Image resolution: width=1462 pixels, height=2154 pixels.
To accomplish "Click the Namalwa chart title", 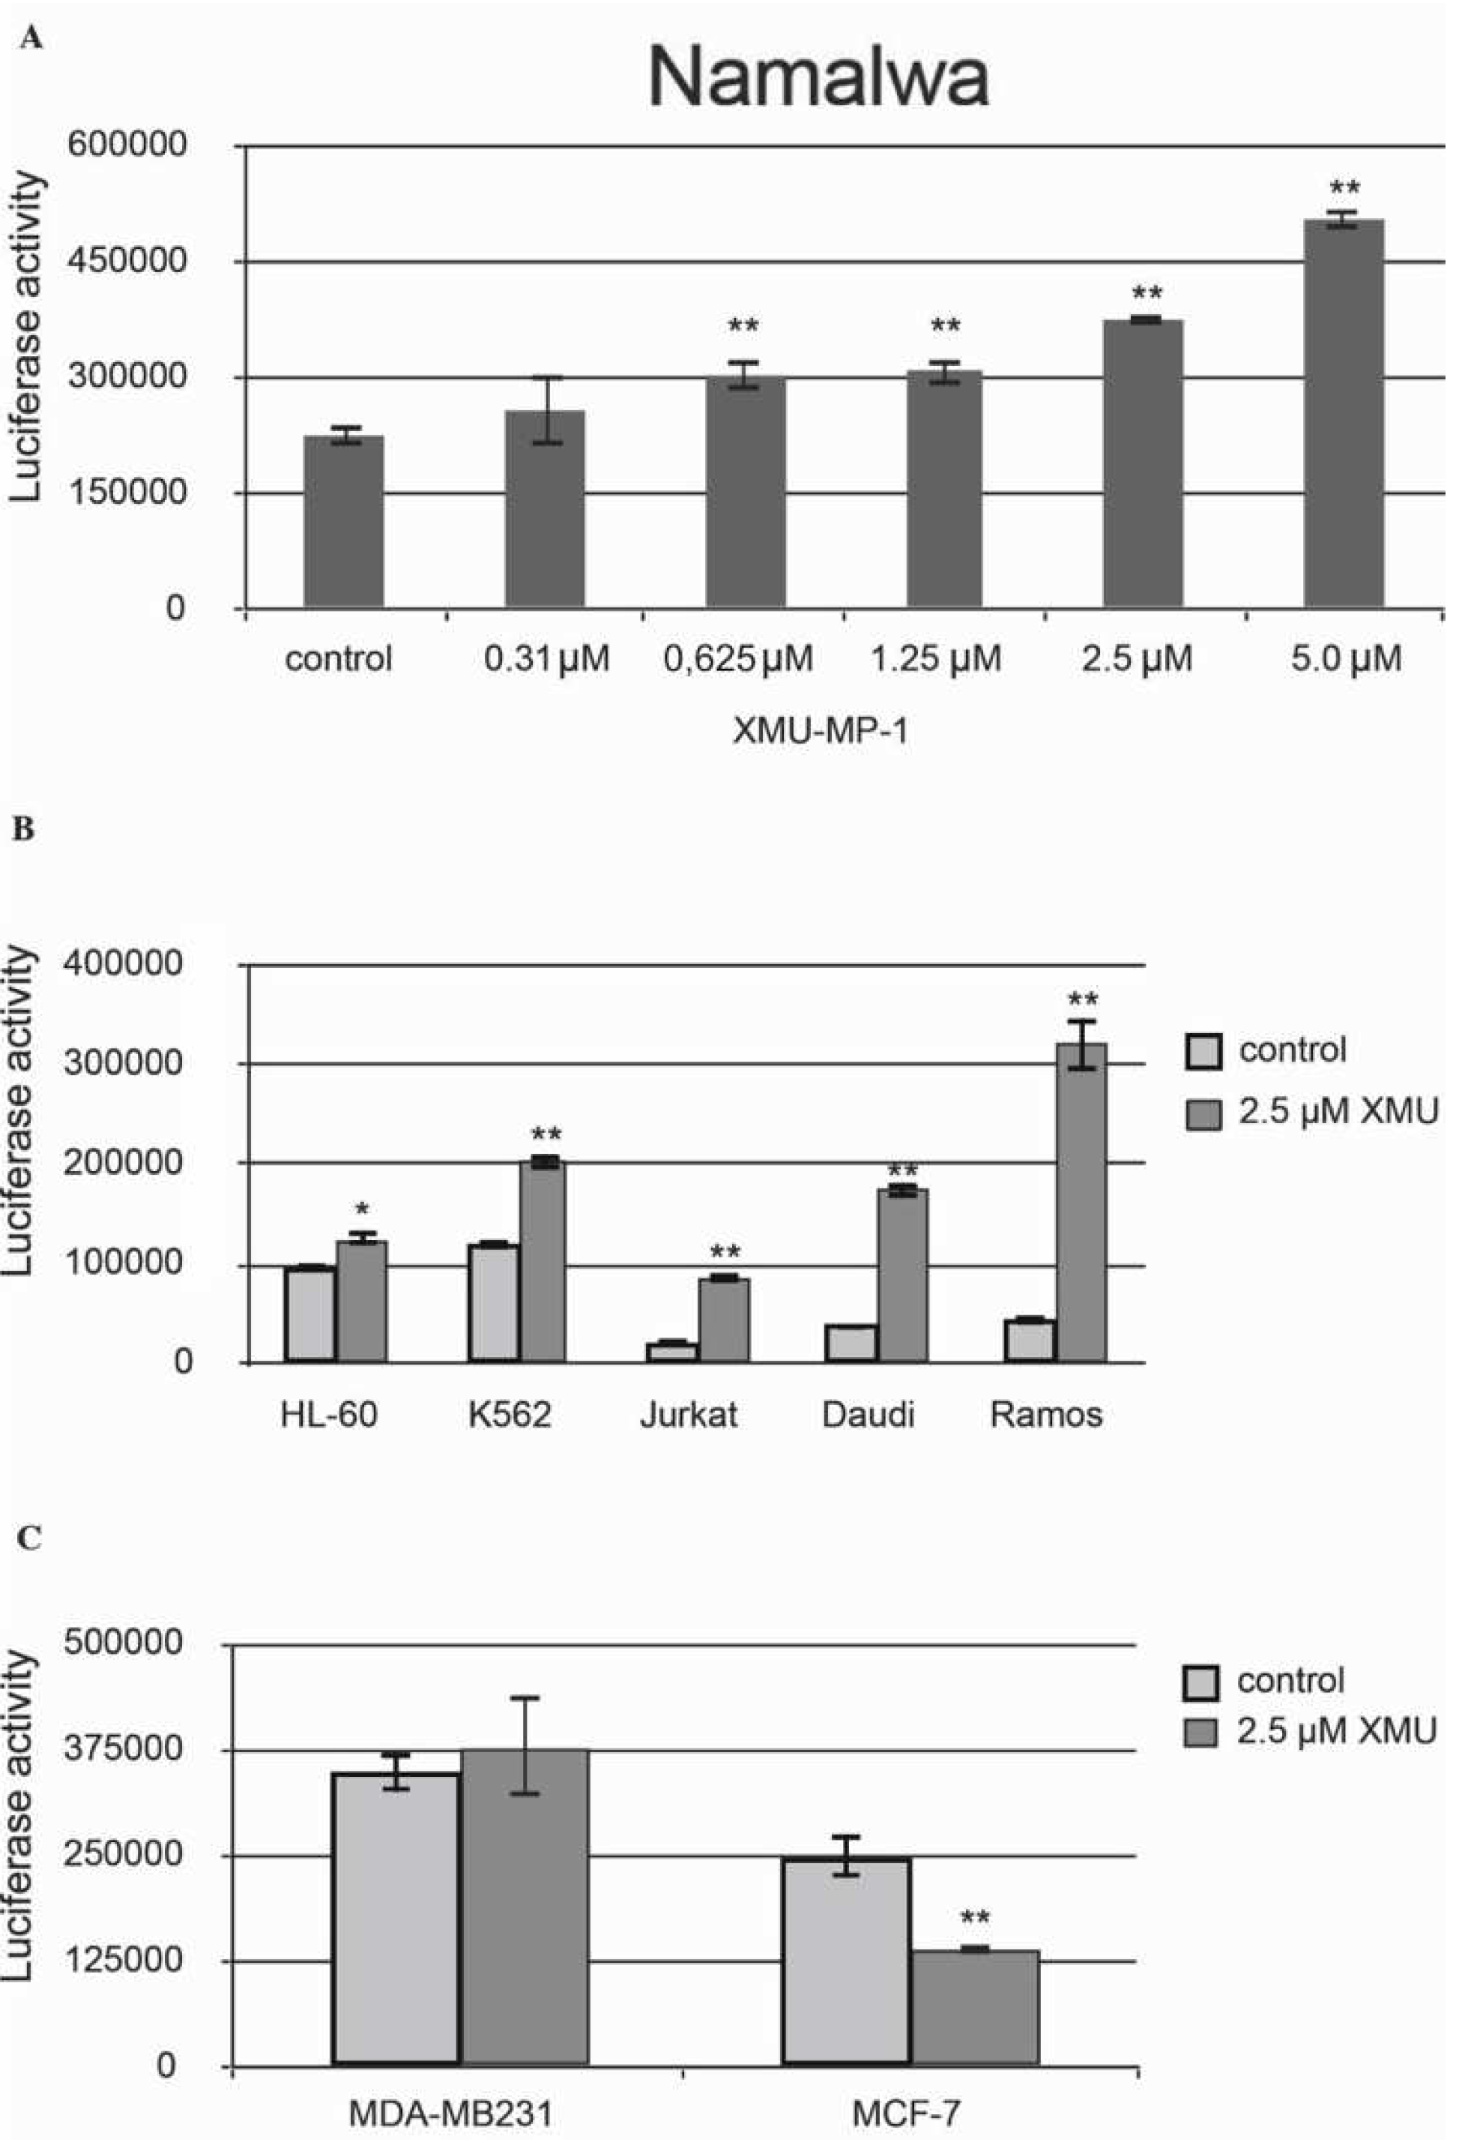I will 819,78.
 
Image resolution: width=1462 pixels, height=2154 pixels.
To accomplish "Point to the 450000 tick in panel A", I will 127,262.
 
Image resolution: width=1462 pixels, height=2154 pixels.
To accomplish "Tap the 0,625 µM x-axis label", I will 738,659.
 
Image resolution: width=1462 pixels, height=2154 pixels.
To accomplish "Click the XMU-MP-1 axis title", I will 820,731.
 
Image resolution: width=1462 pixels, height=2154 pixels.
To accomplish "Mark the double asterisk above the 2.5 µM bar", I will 1147,295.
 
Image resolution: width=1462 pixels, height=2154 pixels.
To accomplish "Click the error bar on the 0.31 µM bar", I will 546,409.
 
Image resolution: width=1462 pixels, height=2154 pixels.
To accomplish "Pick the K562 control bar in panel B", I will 494,1302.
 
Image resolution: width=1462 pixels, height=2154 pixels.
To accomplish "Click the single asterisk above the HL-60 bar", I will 362,1209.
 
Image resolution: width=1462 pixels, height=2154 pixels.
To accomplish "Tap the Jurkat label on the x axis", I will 689,1414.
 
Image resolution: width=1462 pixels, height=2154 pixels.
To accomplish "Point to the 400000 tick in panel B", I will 122,965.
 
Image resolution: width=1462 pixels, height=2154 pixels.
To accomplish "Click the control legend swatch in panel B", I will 1203,1050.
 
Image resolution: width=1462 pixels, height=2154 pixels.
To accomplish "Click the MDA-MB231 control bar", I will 396,1919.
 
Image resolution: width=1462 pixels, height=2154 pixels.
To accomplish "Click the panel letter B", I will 23,828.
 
